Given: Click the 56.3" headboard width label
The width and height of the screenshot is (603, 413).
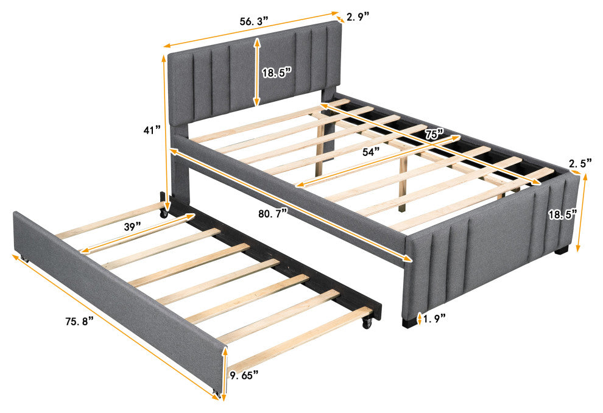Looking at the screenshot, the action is (x=253, y=21).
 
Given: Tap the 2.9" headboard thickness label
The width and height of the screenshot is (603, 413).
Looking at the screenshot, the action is (x=358, y=16).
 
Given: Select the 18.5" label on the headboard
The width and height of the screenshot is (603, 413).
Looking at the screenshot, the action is (x=277, y=72).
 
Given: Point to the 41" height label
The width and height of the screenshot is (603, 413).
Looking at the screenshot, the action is (x=152, y=130).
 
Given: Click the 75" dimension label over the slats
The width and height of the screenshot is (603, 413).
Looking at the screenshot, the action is (x=434, y=134).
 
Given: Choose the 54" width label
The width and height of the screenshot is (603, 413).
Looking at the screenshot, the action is (x=371, y=152).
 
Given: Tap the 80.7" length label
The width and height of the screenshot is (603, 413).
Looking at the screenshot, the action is (x=273, y=213).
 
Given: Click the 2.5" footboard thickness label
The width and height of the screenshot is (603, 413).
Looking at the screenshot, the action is (x=580, y=163).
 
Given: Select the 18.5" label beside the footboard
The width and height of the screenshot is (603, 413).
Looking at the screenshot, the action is (x=563, y=214).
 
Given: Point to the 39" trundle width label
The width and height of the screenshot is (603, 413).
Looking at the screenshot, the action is (x=132, y=227).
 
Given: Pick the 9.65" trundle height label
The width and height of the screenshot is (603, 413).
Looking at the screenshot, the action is (x=244, y=375).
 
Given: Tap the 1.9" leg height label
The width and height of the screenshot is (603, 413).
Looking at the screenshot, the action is (x=434, y=318).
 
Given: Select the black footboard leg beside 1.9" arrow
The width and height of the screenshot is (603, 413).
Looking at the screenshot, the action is (x=409, y=322).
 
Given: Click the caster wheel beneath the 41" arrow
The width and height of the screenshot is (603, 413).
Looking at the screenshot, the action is (x=165, y=213).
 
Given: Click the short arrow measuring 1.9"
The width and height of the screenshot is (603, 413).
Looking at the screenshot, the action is (x=419, y=317).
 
